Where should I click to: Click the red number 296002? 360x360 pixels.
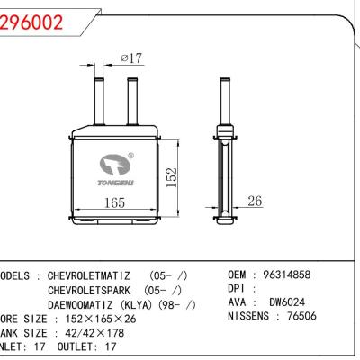(x=32, y=23)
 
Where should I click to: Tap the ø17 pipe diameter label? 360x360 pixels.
(x=131, y=59)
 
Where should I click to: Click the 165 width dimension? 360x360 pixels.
(x=113, y=204)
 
